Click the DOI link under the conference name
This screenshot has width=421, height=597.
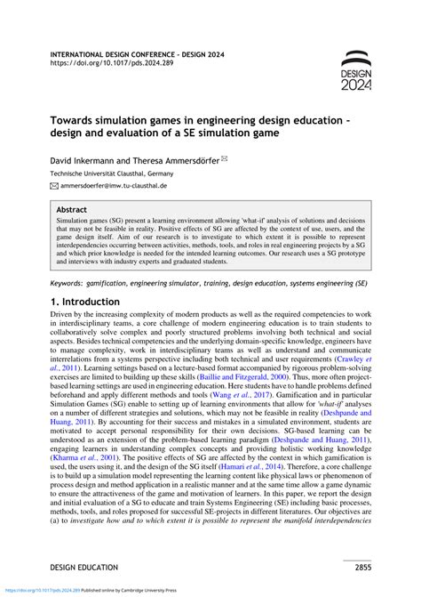coord(99,64)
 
